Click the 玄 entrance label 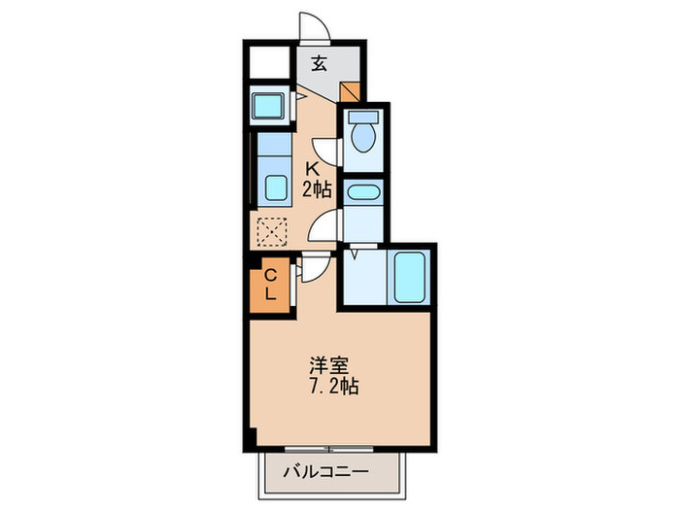319,65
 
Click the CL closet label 271,284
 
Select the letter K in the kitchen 315,167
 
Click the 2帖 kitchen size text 317,188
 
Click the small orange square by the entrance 351,92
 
